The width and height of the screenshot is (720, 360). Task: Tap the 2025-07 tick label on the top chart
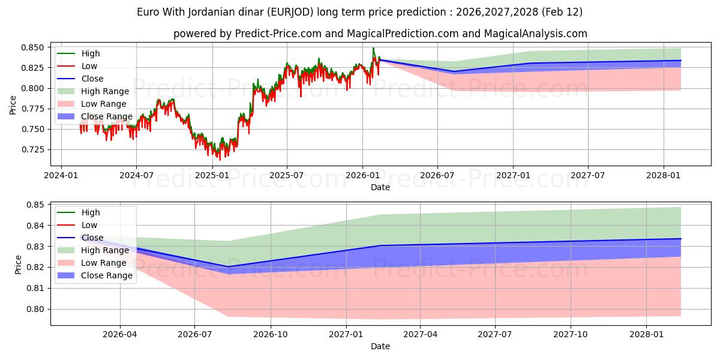click(286, 175)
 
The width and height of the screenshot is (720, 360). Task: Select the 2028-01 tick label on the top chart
click(664, 175)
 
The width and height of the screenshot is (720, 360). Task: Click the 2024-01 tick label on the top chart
click(61, 175)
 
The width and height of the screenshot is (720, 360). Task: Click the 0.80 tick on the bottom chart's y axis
click(36, 309)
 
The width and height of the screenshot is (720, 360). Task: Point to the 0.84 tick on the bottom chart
click(36, 226)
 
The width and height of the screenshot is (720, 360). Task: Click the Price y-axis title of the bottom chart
click(18, 265)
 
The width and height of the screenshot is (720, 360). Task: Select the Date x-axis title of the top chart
click(380, 187)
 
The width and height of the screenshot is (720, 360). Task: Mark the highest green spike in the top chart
click(373, 48)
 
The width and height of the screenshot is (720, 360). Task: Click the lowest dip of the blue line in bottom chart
click(228, 266)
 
